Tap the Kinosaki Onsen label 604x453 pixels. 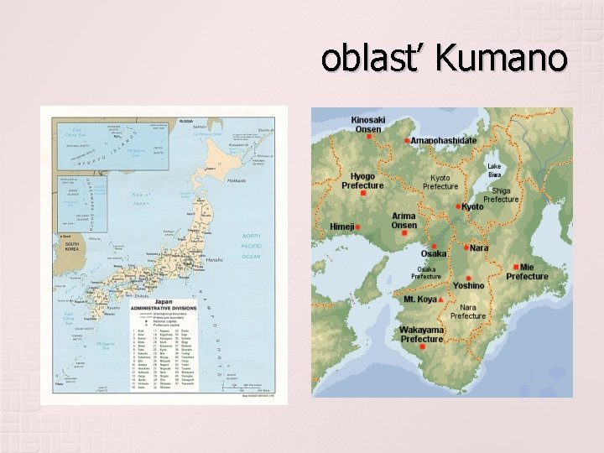[x=368, y=124]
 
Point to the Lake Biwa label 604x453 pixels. [x=495, y=170]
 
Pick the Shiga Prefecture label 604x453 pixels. [x=502, y=195]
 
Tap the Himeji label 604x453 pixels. [x=341, y=226]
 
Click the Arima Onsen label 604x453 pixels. [x=404, y=221]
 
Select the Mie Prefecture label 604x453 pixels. [x=527, y=272]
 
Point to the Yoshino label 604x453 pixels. [x=469, y=286]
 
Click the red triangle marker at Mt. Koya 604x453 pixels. [x=441, y=299]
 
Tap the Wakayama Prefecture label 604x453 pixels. [x=421, y=335]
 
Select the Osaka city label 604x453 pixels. [x=434, y=253]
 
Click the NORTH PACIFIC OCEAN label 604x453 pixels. [x=252, y=246]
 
